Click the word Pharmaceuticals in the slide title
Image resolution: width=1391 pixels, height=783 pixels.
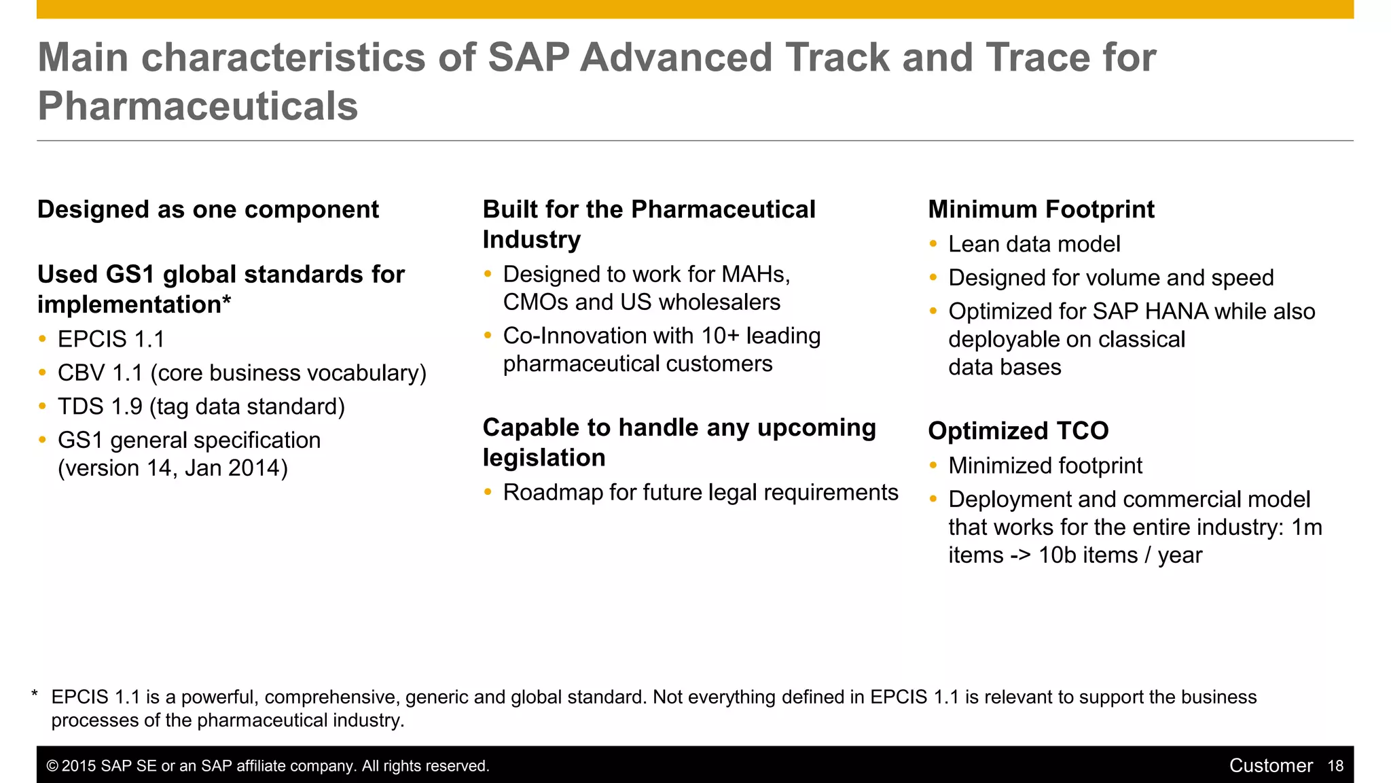pos(198,107)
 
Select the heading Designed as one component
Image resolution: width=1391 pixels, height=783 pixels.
pos(208,209)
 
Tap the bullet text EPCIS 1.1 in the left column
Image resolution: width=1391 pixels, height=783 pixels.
pos(111,339)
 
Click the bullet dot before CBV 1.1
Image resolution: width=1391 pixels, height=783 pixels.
pos(43,372)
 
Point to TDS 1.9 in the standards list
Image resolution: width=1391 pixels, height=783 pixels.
pos(100,406)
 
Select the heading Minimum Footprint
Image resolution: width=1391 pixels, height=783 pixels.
pos(1041,209)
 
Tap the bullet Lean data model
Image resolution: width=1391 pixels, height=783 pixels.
pos(1034,244)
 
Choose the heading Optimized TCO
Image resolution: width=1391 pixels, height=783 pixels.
pos(1017,431)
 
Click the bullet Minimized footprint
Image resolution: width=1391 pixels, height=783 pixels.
pos(1045,466)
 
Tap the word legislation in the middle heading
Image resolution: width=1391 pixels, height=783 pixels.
pos(543,458)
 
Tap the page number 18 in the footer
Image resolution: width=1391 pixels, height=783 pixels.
pos(1335,766)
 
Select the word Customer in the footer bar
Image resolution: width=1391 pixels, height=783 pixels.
pos(1270,766)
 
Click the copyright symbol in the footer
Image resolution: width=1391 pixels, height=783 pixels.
pos(52,767)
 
